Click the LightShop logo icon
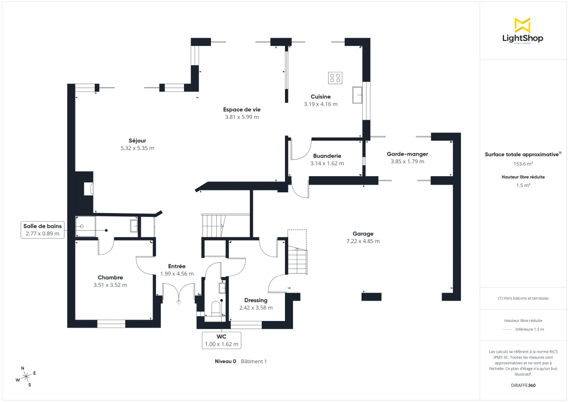(x=522, y=25)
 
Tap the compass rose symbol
(x=26, y=376)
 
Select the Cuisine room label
(x=321, y=97)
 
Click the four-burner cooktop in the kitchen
(x=335, y=78)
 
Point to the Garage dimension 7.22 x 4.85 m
(x=363, y=241)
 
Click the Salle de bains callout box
(x=42, y=230)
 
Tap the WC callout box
(x=221, y=340)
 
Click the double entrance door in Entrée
(x=178, y=292)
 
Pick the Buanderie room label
(x=327, y=156)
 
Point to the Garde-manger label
(x=407, y=154)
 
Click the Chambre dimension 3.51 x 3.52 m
(x=110, y=285)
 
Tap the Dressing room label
(x=256, y=300)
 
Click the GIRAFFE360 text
(x=523, y=385)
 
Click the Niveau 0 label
(x=225, y=361)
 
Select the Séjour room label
(x=137, y=141)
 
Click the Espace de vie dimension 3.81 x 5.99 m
(x=242, y=117)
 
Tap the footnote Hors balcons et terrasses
(x=523, y=298)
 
